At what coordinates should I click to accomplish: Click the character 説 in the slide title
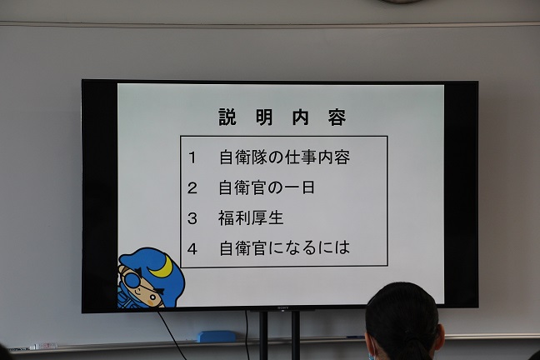coord(227,117)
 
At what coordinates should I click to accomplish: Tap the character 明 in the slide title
coord(264,117)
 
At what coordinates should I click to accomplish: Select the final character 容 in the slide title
coord(337,117)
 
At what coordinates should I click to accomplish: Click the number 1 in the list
coord(192,157)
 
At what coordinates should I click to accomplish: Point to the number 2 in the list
coord(192,188)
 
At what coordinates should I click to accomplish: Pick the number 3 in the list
coord(192,218)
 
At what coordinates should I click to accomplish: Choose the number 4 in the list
coord(192,248)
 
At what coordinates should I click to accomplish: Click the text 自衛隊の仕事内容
coord(284,157)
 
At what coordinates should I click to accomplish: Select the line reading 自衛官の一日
coord(267,187)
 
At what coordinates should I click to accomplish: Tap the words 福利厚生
coord(251,218)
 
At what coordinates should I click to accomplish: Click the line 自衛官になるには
coord(284,248)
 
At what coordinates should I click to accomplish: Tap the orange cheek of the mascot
coord(152,302)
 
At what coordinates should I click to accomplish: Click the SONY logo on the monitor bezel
coord(282,307)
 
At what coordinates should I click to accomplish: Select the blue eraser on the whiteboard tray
coord(216,336)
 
